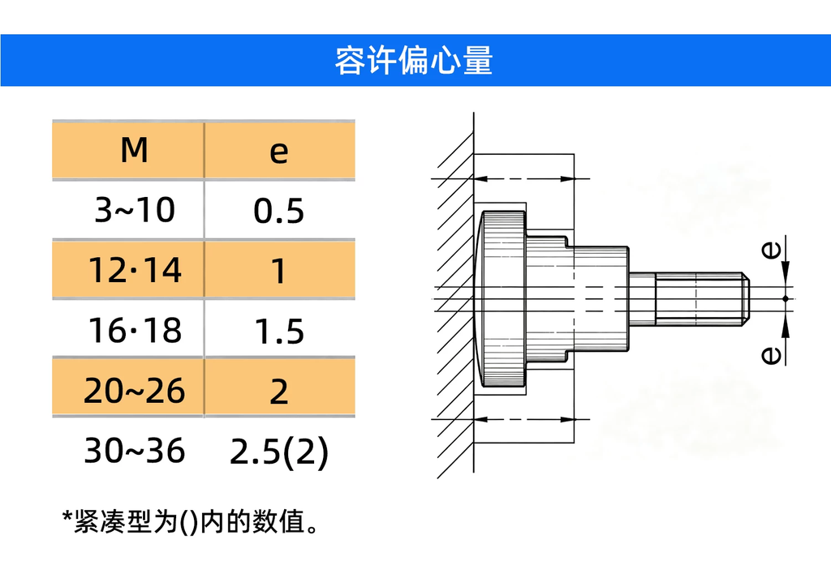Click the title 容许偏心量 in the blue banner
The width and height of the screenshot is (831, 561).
point(414,60)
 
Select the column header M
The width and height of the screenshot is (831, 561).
point(134,150)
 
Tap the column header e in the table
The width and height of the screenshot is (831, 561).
point(279,152)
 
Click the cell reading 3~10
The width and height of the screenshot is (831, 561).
point(135,210)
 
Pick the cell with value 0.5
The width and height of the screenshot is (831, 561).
point(279,211)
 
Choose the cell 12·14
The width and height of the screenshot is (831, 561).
point(135,270)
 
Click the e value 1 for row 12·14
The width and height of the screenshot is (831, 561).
point(279,271)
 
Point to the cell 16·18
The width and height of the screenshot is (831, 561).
point(135,330)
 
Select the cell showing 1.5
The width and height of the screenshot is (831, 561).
point(279,332)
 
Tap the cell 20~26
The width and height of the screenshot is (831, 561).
point(134,391)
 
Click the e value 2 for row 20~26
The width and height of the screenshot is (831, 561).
point(279,392)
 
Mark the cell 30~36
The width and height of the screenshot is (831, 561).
point(135,451)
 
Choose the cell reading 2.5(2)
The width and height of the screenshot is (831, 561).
point(279,452)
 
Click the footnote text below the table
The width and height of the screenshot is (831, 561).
point(190,522)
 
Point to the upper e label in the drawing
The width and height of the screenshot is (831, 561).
point(771,249)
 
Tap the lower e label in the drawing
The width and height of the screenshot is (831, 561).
point(771,355)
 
